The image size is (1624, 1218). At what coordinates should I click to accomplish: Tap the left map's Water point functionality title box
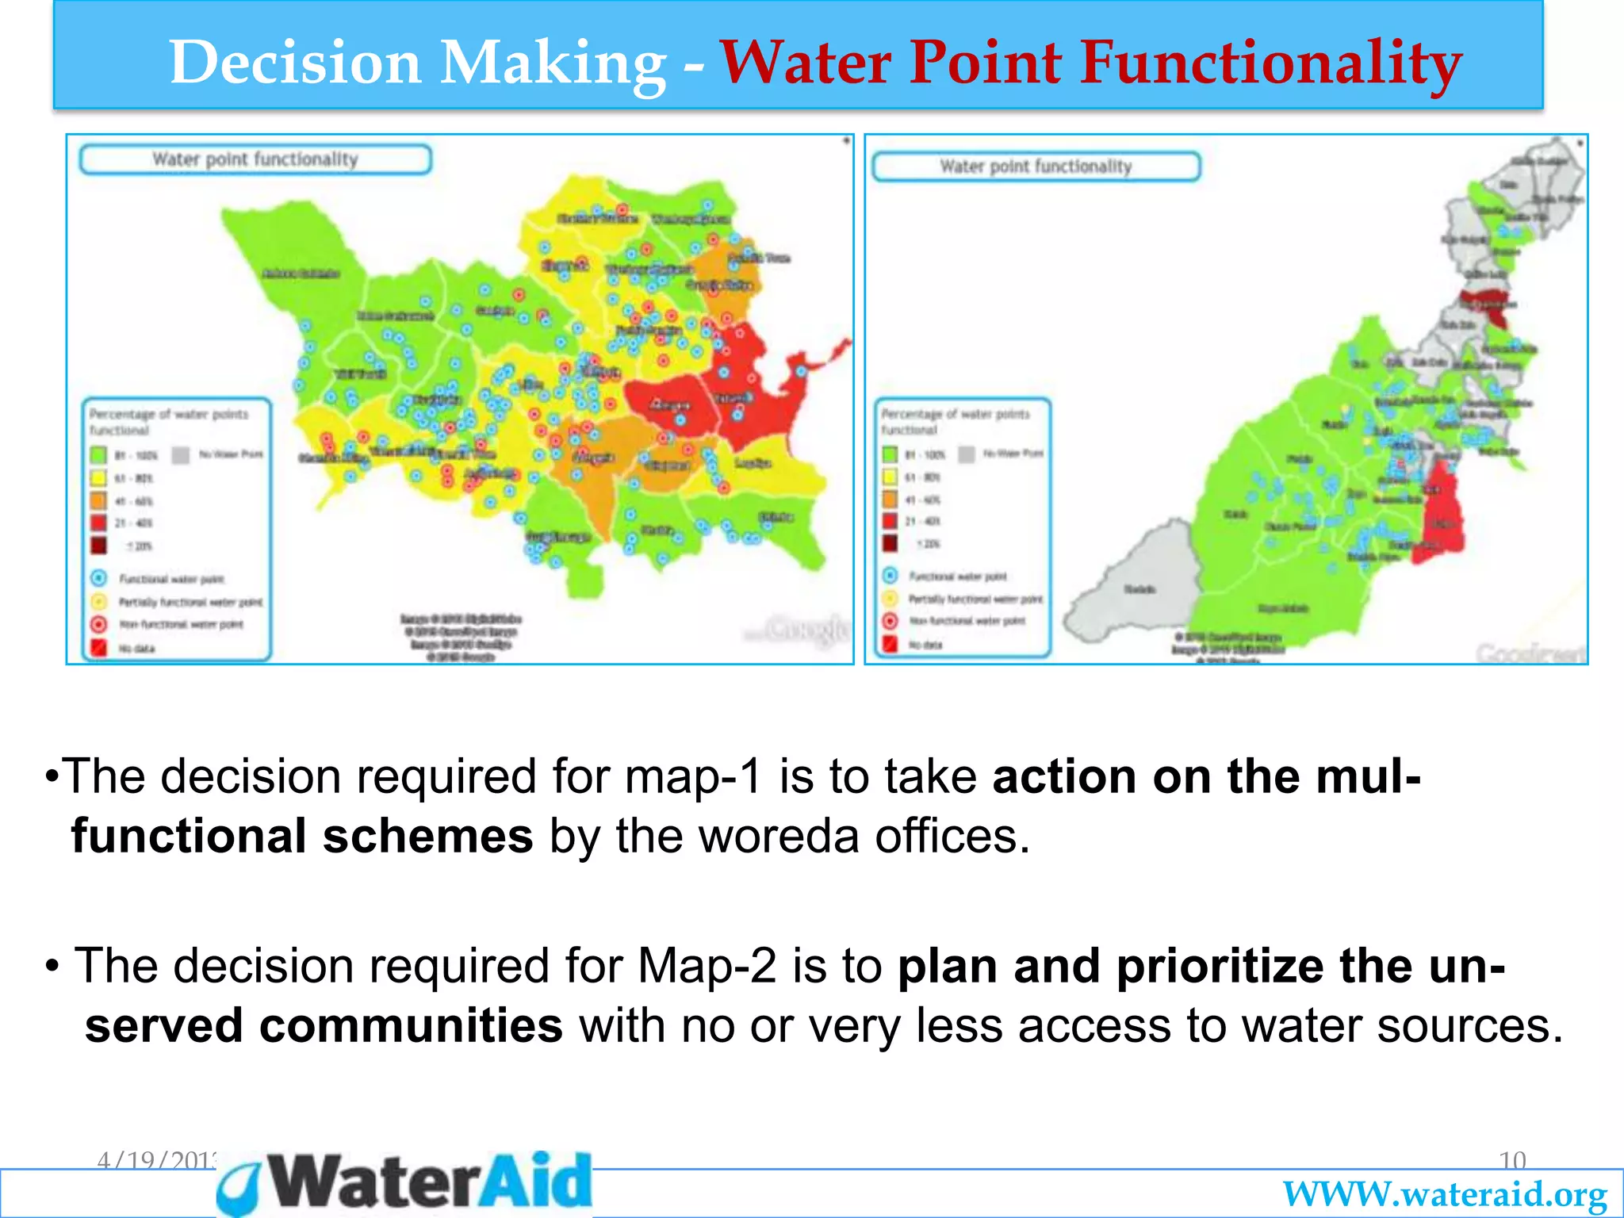click(x=255, y=159)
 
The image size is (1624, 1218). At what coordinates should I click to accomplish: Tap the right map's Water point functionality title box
click(x=1036, y=167)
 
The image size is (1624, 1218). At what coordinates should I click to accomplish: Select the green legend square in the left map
click(x=98, y=455)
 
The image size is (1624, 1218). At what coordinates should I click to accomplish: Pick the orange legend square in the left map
click(x=98, y=500)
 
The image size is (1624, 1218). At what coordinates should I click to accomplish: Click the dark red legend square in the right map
click(x=890, y=543)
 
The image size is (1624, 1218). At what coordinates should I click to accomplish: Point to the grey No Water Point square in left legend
click(x=182, y=454)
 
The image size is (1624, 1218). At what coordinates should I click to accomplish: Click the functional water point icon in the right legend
click(x=890, y=576)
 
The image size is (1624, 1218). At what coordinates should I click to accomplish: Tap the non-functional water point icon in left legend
click(x=98, y=624)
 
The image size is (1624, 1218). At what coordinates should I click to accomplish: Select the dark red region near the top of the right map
click(x=1484, y=304)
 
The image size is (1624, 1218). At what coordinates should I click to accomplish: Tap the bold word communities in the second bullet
click(x=411, y=1025)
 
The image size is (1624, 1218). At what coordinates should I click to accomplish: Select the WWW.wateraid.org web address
click(x=1445, y=1194)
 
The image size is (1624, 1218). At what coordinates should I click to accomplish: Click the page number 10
click(x=1512, y=1161)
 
